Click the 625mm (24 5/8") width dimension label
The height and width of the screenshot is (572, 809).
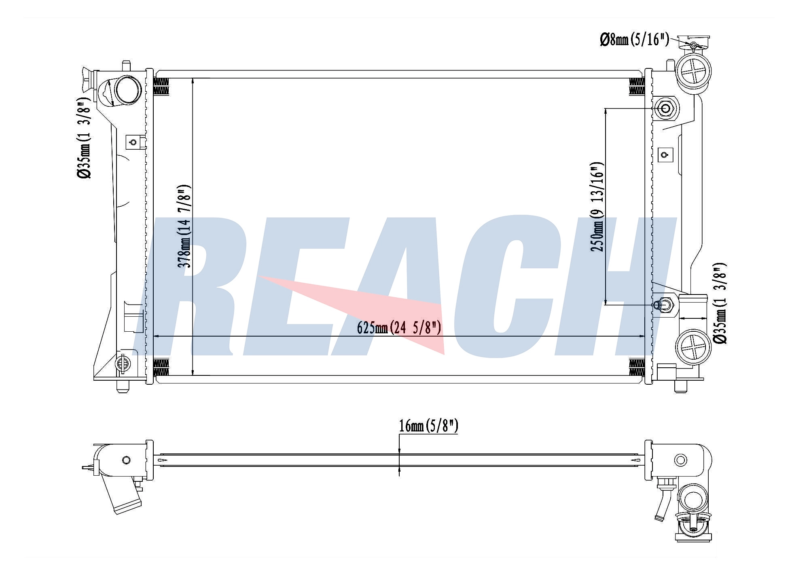[x=399, y=327]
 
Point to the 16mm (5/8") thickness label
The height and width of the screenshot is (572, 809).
[x=428, y=426]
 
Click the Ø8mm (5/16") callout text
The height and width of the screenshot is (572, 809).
[x=634, y=40]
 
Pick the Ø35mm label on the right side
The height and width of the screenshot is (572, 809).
[x=720, y=303]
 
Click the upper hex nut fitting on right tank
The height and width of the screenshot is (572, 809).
[x=665, y=108]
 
